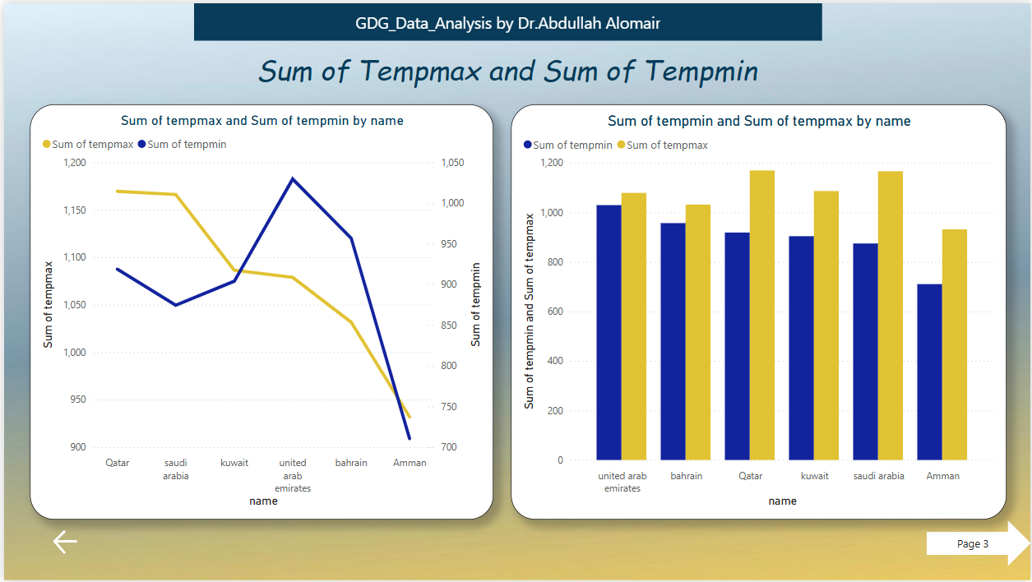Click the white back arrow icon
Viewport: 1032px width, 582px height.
click(65, 542)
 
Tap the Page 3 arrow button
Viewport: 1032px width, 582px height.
click(977, 544)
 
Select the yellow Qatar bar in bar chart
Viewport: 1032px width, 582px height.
click(762, 315)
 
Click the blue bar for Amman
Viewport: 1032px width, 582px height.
click(929, 372)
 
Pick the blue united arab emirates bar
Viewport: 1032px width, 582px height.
click(609, 332)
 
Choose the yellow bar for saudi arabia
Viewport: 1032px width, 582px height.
click(891, 316)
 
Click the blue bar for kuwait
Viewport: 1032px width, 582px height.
click(801, 348)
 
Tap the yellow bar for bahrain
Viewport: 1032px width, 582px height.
click(698, 332)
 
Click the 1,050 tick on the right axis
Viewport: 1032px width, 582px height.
click(451, 163)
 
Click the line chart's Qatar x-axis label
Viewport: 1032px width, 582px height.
click(118, 463)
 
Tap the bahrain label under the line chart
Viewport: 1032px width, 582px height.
click(351, 463)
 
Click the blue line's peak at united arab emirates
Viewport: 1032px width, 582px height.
click(292, 178)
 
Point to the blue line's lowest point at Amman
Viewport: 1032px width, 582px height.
click(409, 438)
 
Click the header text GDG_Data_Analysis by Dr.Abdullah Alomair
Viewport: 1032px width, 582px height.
click(507, 23)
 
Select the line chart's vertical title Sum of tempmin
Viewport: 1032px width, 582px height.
click(476, 304)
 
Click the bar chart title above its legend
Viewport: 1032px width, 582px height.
click(759, 122)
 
